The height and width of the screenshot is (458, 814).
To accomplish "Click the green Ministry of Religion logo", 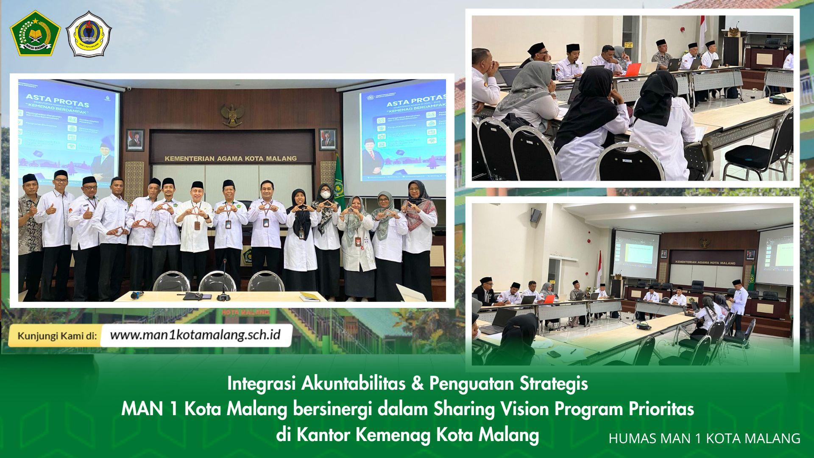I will (35, 34).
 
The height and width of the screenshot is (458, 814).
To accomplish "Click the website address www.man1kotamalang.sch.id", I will (195, 335).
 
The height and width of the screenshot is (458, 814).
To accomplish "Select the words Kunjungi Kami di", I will (57, 336).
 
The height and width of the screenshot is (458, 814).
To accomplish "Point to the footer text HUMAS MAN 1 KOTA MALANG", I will (705, 438).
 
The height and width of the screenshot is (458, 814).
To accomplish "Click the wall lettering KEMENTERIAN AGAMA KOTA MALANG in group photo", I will (231, 159).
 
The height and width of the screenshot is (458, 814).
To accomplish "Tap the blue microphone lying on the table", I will (137, 295).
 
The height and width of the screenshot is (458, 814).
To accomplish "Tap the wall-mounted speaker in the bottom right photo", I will (536, 215).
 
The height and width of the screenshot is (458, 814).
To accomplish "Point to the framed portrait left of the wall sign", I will (135, 140).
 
